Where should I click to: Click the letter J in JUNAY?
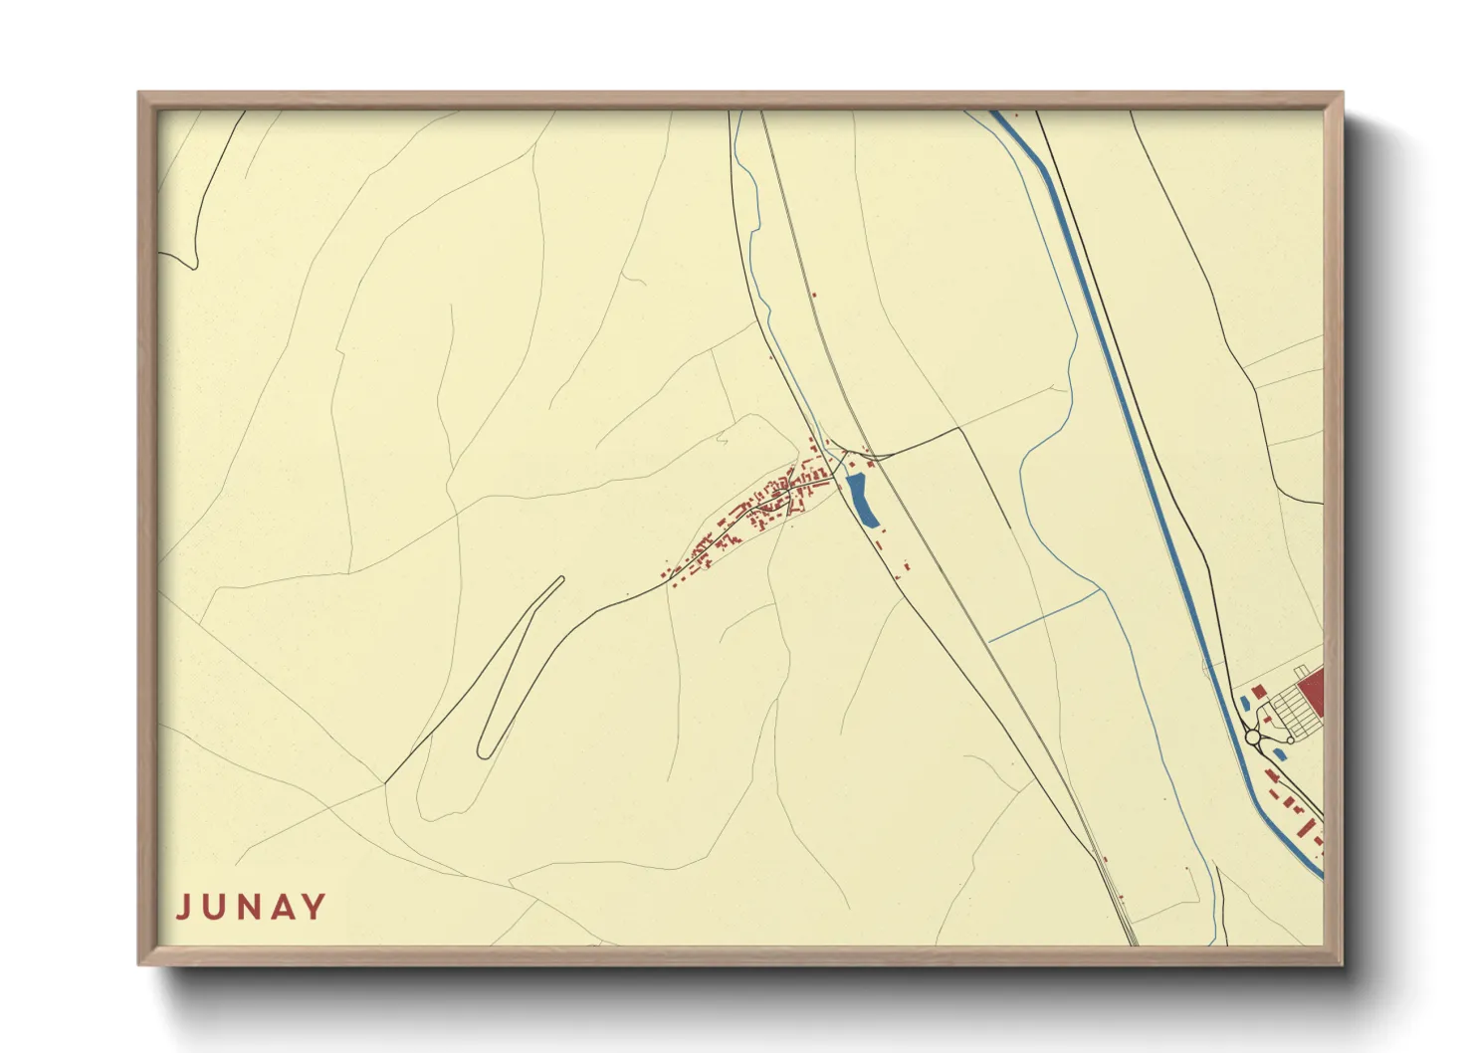coord(183,908)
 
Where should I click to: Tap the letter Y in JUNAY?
coord(315,907)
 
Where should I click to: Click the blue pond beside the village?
coord(861,500)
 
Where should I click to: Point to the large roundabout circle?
coord(1254,738)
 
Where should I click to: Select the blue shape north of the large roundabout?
coord(1245,704)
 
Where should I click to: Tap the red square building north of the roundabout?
coord(1259,690)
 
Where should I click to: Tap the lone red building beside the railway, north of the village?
coord(814,295)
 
